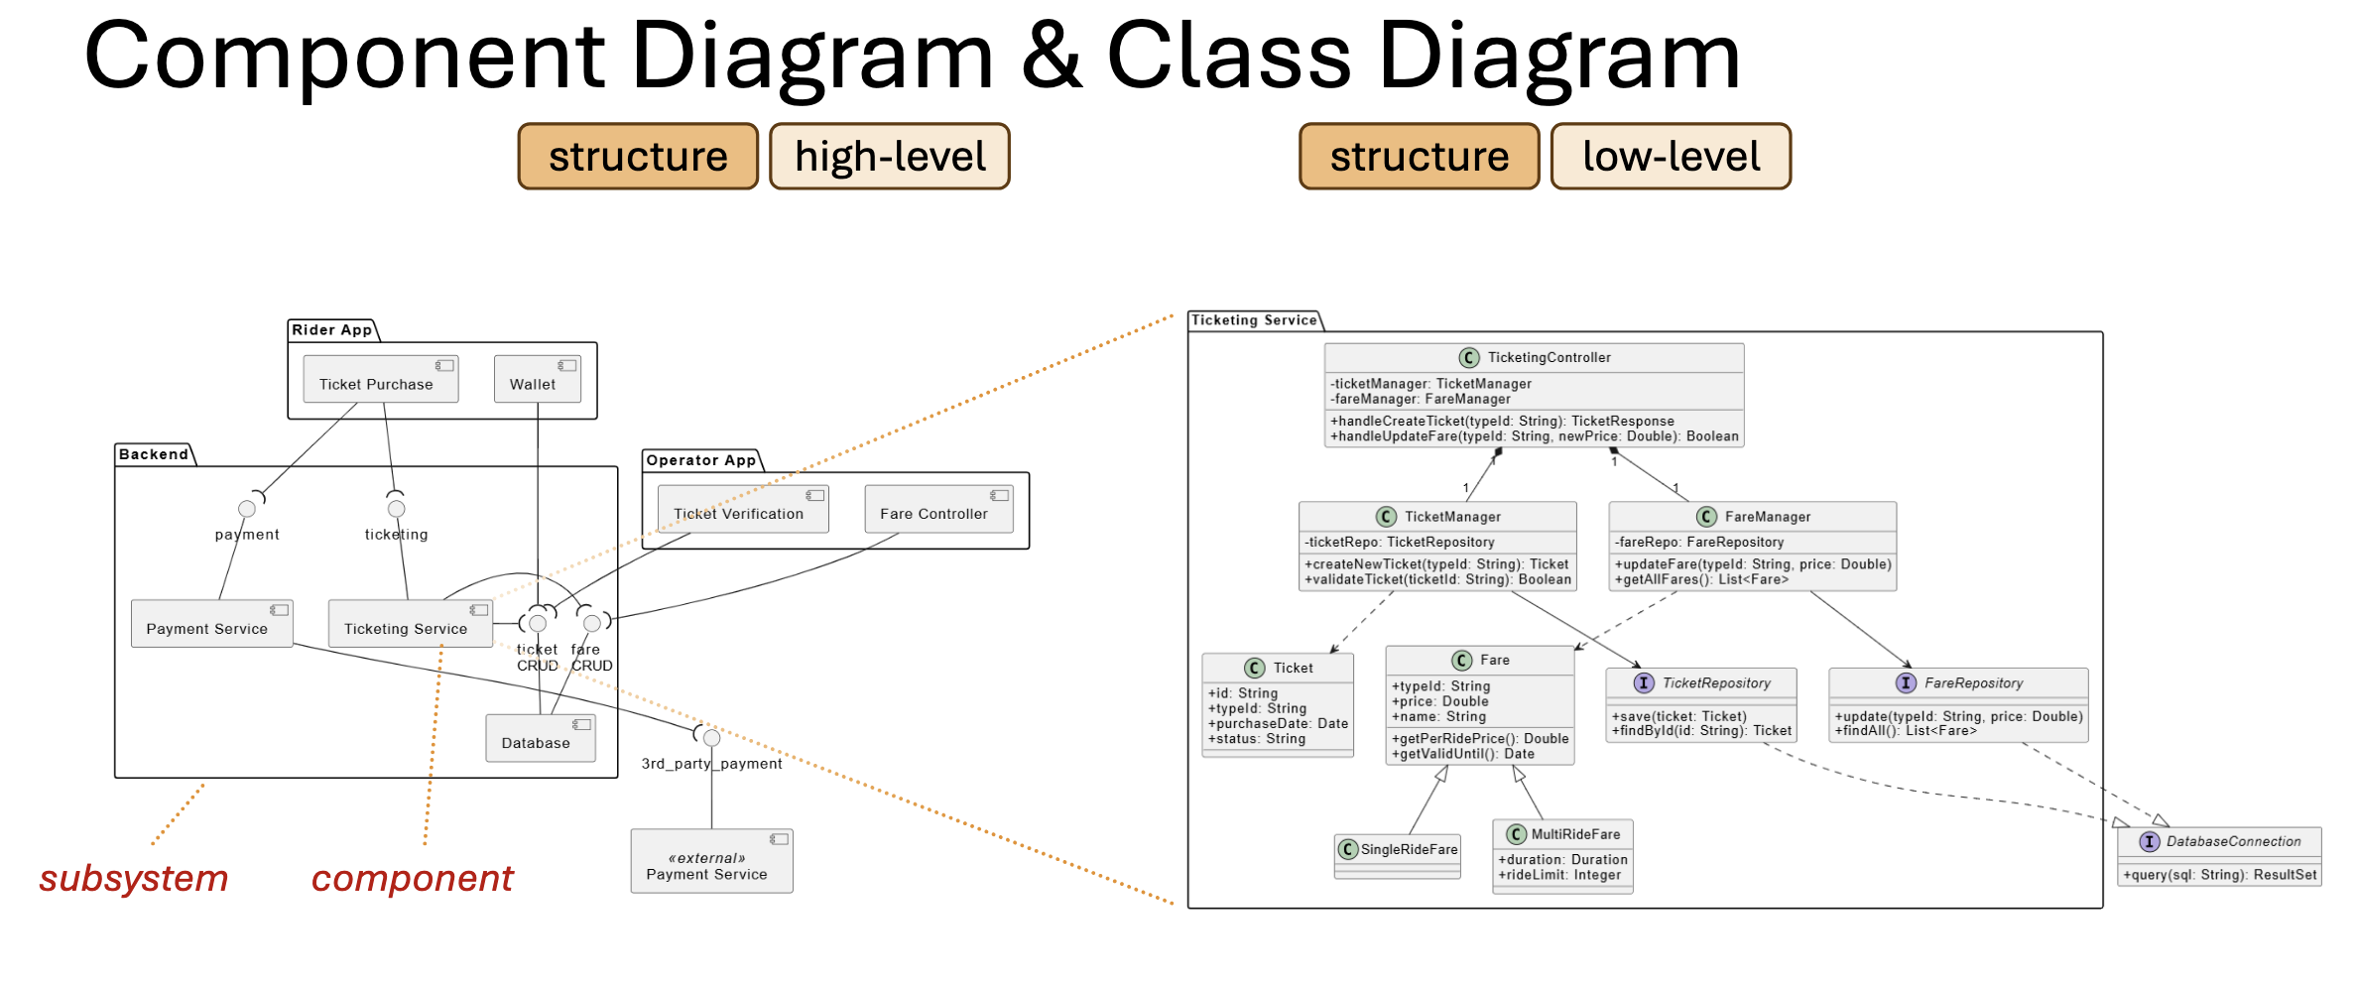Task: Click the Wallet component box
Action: pyautogui.click(x=538, y=379)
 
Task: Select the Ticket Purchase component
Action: pyautogui.click(x=381, y=379)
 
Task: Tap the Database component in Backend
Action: pyautogui.click(x=541, y=738)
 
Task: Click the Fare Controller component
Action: pyautogui.click(x=938, y=509)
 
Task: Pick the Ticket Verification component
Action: pyautogui.click(x=743, y=509)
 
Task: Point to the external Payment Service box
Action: pyautogui.click(x=711, y=861)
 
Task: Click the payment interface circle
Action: pyautogui.click(x=247, y=509)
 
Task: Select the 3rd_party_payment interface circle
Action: pyautogui.click(x=711, y=738)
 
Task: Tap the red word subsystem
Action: pyautogui.click(x=134, y=879)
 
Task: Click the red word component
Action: pyautogui.click(x=413, y=879)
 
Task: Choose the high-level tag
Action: pyautogui.click(x=890, y=157)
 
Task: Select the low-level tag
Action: pyautogui.click(x=1672, y=157)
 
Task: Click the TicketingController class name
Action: pyautogui.click(x=1549, y=357)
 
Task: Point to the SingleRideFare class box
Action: pyautogui.click(x=1398, y=856)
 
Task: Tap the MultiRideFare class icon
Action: pyautogui.click(x=1516, y=834)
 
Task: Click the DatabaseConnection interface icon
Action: pyautogui.click(x=2150, y=841)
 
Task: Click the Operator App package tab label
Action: pyautogui.click(x=701, y=460)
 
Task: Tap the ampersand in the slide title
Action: pyautogui.click(x=1051, y=57)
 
